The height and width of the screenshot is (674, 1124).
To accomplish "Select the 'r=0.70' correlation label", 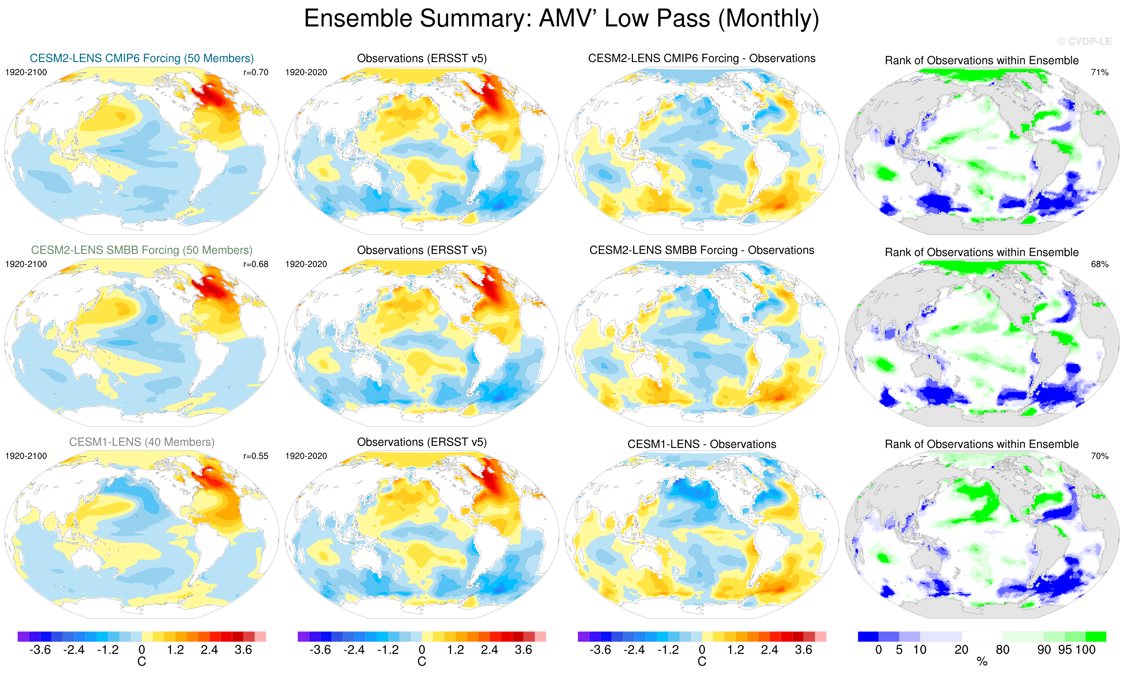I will coord(256,72).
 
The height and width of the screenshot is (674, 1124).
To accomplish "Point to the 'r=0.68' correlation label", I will coord(256,264).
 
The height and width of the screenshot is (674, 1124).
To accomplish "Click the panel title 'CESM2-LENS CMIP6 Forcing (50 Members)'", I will coord(142,58).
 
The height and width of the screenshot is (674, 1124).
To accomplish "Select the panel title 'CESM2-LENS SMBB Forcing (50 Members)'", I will coord(142,250).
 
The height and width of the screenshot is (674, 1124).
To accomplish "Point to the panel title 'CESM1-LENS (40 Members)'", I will coord(142,442).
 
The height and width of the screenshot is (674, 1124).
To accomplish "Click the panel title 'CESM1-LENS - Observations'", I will coord(702,444).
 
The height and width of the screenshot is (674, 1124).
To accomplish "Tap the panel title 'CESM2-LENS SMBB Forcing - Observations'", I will coord(702,250).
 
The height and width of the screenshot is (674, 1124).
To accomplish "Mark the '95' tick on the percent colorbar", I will coord(1065,650).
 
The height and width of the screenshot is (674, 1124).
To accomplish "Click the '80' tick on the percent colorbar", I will coord(1003,650).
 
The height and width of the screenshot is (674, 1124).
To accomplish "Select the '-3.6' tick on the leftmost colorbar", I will coord(40,650).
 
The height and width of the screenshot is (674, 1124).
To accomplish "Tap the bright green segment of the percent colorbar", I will coord(1096,636).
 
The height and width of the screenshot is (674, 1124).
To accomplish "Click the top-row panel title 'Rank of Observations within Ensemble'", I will coord(982,60).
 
